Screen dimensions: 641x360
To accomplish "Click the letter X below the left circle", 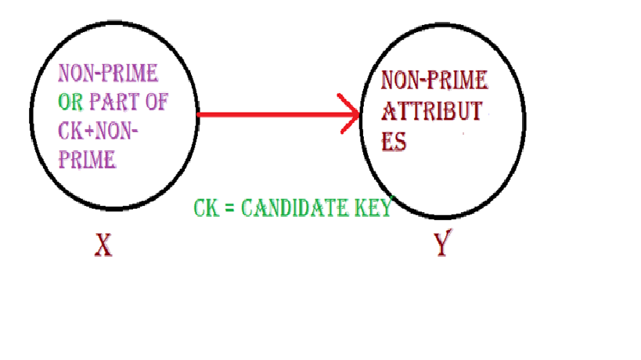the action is [102, 247].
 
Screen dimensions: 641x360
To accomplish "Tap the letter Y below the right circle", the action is [442, 246].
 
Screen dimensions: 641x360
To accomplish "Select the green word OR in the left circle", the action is [69, 102].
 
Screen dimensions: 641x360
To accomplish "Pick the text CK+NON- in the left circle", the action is [99, 131].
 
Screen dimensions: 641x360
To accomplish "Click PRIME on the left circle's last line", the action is [88, 160].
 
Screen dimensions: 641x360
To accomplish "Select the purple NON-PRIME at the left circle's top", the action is [108, 74].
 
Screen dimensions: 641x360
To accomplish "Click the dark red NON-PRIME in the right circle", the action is [434, 80].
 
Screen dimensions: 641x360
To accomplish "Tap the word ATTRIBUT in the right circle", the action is [430, 111].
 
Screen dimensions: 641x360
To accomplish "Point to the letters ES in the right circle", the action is [394, 143].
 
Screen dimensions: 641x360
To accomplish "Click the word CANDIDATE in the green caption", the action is [296, 209].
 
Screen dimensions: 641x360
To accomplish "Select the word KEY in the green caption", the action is [373, 209].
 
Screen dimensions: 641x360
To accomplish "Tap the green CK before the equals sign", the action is [203, 209].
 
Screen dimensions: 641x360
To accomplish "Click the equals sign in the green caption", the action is [227, 210].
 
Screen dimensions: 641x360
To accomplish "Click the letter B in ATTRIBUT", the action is [449, 111].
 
